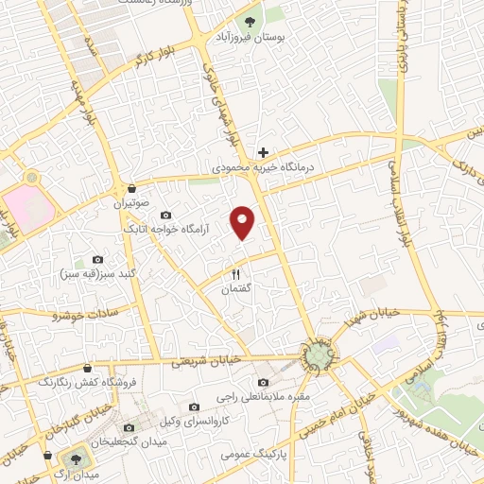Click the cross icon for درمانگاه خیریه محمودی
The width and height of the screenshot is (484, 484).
264,152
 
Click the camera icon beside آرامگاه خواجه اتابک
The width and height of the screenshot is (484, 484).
166,216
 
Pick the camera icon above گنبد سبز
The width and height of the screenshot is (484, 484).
97,259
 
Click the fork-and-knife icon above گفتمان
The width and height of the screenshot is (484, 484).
236,274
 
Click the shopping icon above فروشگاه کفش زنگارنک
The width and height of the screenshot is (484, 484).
87,368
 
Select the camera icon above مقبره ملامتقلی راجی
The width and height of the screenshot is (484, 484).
262,383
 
